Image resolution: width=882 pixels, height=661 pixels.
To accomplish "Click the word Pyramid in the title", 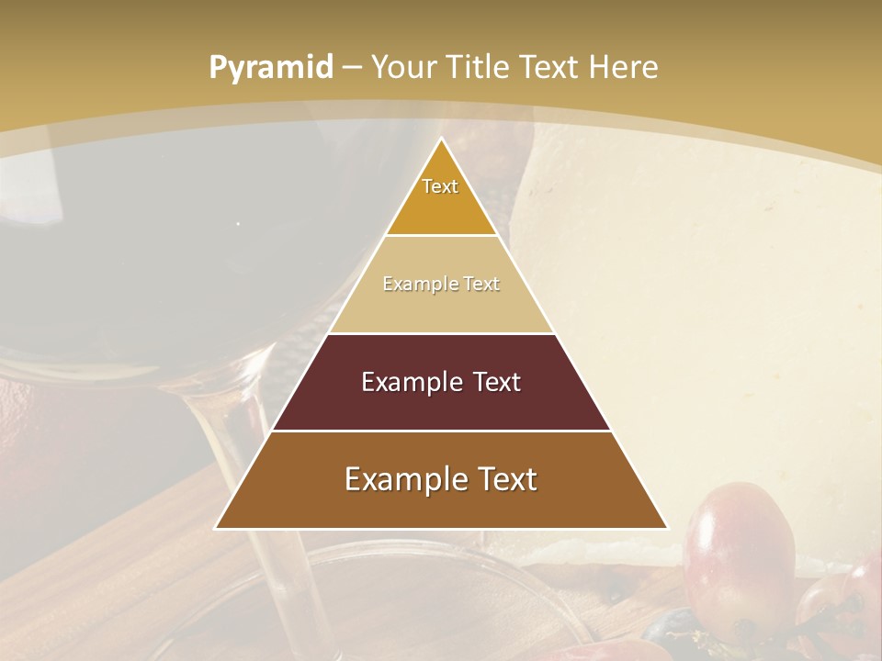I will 270,68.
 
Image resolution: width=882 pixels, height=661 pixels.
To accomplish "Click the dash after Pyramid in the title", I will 352,68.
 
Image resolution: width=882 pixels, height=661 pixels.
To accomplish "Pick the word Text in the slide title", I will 553,67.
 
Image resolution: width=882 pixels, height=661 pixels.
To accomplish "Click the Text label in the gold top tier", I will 440,186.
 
